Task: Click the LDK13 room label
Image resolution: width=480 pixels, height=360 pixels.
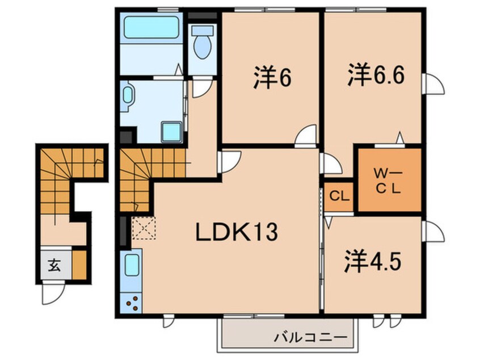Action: (237, 232)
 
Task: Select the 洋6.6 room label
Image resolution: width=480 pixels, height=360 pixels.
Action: (376, 74)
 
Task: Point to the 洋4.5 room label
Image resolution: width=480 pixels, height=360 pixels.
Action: (372, 261)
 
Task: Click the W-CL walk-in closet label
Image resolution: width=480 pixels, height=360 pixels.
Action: (388, 182)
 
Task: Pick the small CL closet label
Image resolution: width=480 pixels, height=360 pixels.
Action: (339, 196)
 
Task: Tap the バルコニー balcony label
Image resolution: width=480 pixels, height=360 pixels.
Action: (311, 338)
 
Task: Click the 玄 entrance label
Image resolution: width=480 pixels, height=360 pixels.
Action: (54, 265)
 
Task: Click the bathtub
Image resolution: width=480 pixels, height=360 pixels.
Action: (151, 28)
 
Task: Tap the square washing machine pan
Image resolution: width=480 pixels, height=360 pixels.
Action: (172, 132)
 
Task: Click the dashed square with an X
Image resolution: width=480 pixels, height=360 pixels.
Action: (144, 227)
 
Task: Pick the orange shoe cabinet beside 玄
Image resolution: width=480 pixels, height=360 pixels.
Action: (79, 265)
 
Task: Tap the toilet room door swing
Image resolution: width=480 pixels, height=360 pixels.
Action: (200, 87)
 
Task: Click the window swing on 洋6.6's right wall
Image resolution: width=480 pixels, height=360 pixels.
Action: (433, 83)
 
